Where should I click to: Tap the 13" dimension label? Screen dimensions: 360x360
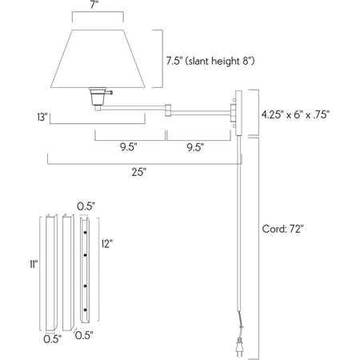[x=42, y=117]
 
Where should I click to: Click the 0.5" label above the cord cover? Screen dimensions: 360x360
[x=83, y=206]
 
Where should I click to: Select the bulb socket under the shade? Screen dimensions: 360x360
[x=98, y=98]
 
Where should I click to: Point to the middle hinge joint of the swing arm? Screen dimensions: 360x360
[x=170, y=107]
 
